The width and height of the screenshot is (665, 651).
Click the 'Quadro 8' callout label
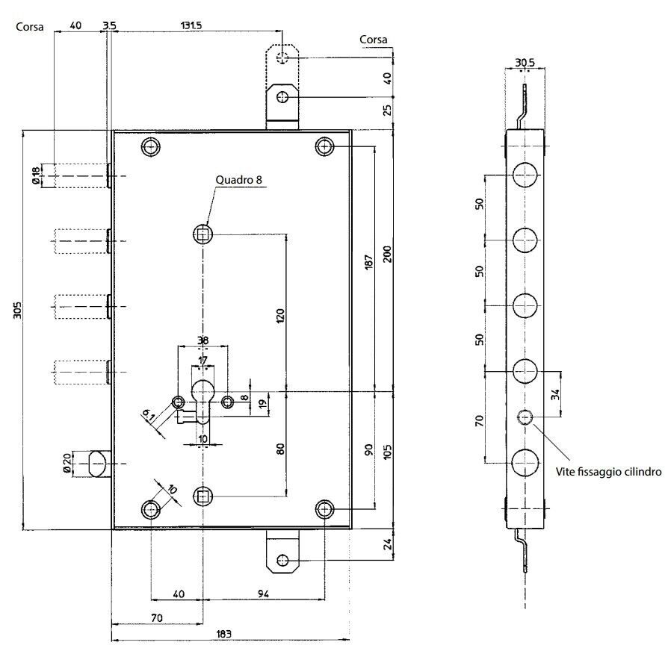point(239,180)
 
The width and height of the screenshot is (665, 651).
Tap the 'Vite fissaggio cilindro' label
point(608,472)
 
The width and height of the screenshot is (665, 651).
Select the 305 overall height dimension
point(17,311)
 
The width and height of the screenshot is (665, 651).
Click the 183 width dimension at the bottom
point(224,634)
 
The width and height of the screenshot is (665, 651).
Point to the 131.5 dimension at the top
point(191,25)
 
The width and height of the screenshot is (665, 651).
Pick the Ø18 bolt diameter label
point(36,175)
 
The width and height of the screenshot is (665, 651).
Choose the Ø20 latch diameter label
point(67,463)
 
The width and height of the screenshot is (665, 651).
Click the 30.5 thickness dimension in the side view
point(525,63)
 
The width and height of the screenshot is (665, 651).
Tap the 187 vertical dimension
point(369,262)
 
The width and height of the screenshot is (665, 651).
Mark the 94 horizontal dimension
point(263,594)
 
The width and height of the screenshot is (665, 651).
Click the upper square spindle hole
point(202,234)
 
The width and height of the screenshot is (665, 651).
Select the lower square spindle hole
point(202,496)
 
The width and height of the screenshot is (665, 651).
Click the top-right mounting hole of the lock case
point(324,146)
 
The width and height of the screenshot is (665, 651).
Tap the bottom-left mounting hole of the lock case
point(150,509)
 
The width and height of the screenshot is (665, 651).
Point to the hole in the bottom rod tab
point(282,561)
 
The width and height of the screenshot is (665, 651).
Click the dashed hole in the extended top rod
point(282,57)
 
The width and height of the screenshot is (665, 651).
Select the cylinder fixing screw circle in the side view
point(525,417)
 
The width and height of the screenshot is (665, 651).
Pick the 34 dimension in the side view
point(556,394)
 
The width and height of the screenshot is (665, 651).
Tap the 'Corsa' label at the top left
point(30,27)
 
